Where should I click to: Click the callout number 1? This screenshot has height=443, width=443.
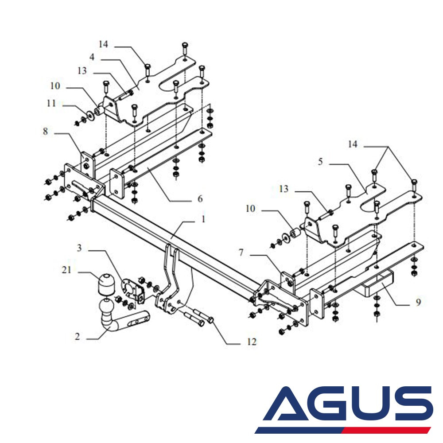(203, 219)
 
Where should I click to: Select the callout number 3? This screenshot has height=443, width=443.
(80, 248)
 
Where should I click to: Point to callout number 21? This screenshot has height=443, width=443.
(66, 269)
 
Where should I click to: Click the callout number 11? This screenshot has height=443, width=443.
(52, 104)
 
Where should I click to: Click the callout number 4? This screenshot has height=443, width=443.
(91, 57)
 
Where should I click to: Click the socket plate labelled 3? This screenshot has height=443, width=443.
(132, 289)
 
